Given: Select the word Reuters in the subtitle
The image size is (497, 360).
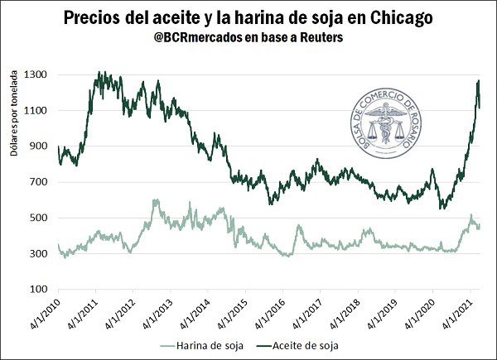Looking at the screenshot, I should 319,39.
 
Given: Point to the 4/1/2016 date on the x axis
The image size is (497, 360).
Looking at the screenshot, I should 267,317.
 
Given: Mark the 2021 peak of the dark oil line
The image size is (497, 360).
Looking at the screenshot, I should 479,80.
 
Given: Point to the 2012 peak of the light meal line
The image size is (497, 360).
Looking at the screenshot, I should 156,199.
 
